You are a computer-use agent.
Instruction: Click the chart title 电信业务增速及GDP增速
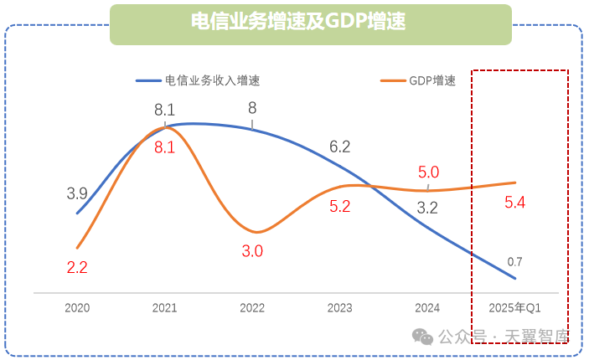(310, 23)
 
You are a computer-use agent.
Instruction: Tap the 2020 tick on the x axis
(77, 308)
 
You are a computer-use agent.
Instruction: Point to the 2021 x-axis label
(164, 308)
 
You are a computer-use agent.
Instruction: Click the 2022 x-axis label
(252, 308)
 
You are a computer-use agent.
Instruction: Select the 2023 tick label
(339, 308)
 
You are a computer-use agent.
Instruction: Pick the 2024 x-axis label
(427, 308)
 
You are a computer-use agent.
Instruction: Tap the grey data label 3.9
(77, 193)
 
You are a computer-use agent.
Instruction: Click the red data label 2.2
(77, 268)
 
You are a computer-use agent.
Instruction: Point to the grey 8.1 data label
(164, 110)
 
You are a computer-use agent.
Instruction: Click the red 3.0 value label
(253, 250)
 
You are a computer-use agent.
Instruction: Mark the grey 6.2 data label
(339, 147)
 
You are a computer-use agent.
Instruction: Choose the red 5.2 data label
(339, 207)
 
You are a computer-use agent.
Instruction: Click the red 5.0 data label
(428, 172)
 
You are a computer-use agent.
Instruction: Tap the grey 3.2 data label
(427, 208)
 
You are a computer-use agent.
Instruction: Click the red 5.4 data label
(514, 202)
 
